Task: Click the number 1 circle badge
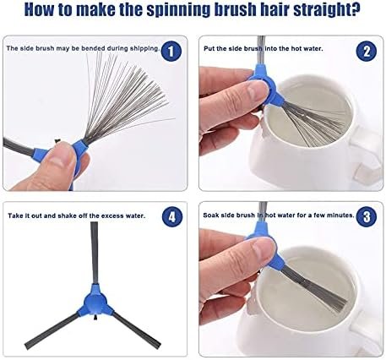171,51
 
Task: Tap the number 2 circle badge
367,52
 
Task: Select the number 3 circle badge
366,216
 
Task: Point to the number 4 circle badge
172,216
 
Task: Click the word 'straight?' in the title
327,10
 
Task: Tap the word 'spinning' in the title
178,10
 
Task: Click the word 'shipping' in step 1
144,48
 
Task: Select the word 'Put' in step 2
209,48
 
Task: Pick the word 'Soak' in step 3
210,215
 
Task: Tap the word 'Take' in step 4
14,215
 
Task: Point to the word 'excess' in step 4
112,216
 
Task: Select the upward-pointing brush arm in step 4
95,253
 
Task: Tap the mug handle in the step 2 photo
367,159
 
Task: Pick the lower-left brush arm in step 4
52,331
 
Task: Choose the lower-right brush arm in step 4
137,329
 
